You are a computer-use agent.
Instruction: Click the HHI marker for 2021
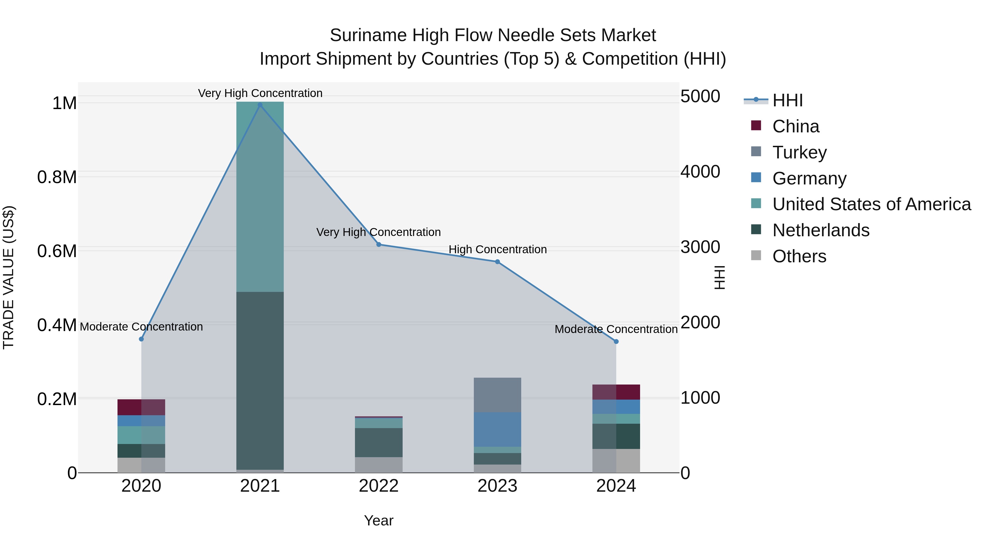click(x=260, y=105)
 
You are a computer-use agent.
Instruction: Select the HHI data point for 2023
click(x=498, y=262)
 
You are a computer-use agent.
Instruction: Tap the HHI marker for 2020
click(x=141, y=339)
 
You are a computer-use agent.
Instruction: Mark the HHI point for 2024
click(x=616, y=341)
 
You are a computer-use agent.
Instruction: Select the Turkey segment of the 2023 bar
click(x=498, y=395)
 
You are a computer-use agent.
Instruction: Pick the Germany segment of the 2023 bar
click(x=498, y=429)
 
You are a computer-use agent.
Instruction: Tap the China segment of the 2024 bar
click(x=616, y=392)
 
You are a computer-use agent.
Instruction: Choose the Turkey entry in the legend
click(x=799, y=152)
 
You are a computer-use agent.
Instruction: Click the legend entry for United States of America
click(x=871, y=204)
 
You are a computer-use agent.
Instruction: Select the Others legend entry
click(x=799, y=256)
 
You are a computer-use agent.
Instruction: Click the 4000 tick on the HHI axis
click(x=700, y=172)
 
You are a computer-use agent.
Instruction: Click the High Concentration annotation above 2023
click(x=498, y=249)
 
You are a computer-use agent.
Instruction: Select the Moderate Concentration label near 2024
click(x=616, y=329)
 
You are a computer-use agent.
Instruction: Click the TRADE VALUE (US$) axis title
click(x=8, y=277)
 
